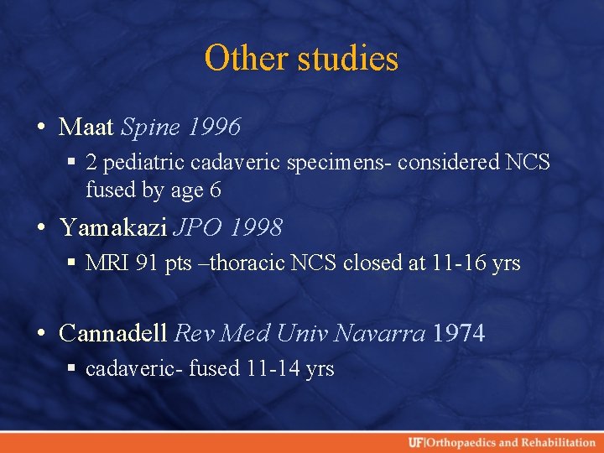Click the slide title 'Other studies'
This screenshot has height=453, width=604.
pyautogui.click(x=301, y=59)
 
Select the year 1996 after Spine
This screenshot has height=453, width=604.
pyautogui.click(x=215, y=128)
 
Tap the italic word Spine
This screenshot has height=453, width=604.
pyautogui.click(x=152, y=128)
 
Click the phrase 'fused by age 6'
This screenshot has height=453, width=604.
pyautogui.click(x=154, y=190)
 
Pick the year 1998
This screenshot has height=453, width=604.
pyautogui.click(x=258, y=227)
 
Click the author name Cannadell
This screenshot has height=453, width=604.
pyautogui.click(x=113, y=333)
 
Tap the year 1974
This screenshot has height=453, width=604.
pyautogui.click(x=460, y=333)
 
